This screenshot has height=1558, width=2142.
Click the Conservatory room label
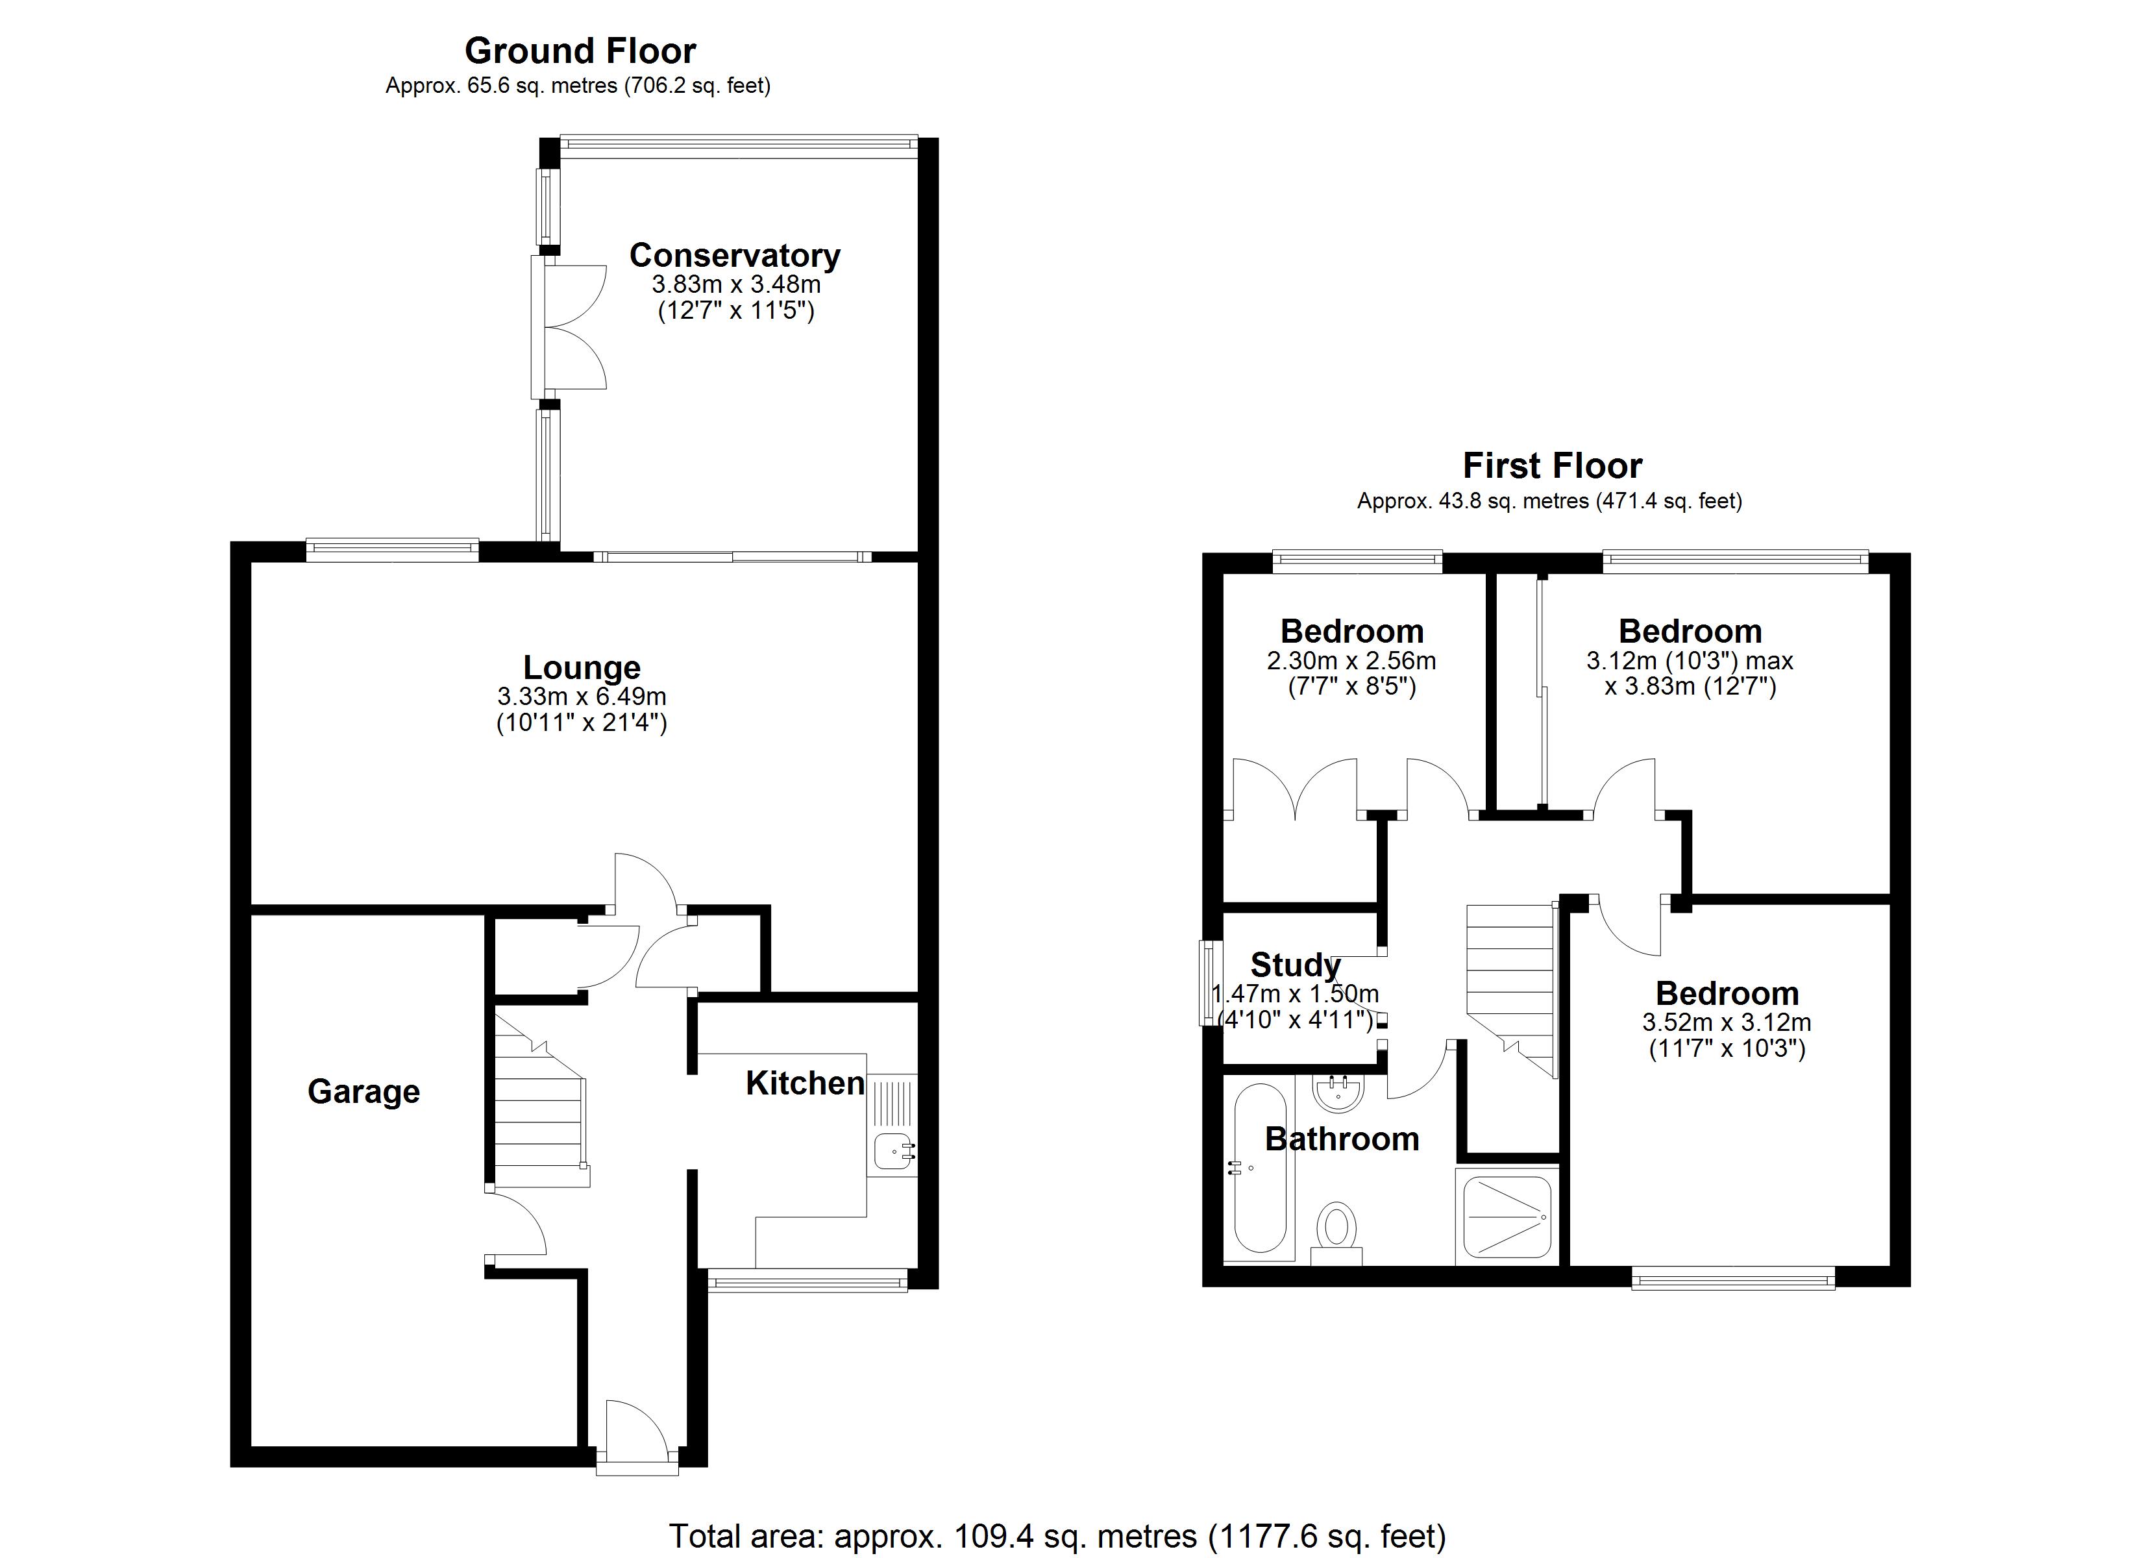[734, 255]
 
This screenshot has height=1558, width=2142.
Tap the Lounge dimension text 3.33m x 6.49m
[582, 697]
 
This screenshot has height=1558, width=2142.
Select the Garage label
[363, 1091]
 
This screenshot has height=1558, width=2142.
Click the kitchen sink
[892, 1152]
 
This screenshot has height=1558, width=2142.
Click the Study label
[1295, 965]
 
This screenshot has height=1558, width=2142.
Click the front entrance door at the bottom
[637, 1436]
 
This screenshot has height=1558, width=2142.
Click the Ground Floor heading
[580, 50]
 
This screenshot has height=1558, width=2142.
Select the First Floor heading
[1552, 466]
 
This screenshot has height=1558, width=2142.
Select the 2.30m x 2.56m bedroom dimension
[1351, 660]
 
